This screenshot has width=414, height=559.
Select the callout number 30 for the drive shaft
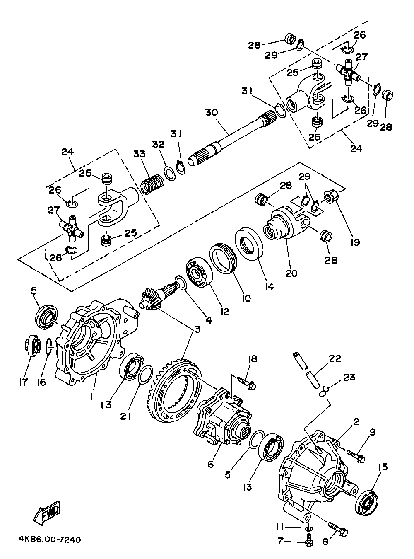tap(211, 112)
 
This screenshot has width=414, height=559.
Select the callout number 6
tap(211, 464)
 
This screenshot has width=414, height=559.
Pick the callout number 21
tap(126, 416)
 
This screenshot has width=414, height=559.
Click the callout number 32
tap(158, 145)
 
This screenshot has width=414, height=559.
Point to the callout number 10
tap(246, 298)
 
